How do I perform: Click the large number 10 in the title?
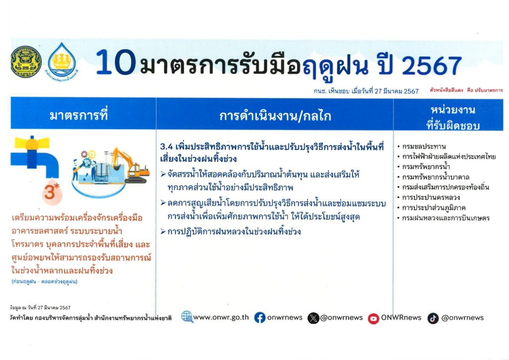(115, 62)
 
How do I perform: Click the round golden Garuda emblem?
(26, 62)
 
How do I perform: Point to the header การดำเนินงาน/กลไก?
(275, 116)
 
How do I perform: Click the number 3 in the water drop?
(50, 192)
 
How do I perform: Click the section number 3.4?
(166, 147)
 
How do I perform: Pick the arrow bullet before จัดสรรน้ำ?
(163, 175)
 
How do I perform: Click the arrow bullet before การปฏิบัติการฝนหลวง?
(163, 231)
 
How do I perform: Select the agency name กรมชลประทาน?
(424, 146)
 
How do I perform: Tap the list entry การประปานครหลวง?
(431, 197)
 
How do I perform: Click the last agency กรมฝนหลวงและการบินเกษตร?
(446, 218)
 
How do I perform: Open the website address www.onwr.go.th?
(221, 317)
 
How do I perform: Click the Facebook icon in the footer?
(259, 317)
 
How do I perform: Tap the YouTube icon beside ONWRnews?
(373, 318)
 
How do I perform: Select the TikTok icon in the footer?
(433, 318)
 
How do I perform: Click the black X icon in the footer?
(313, 318)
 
